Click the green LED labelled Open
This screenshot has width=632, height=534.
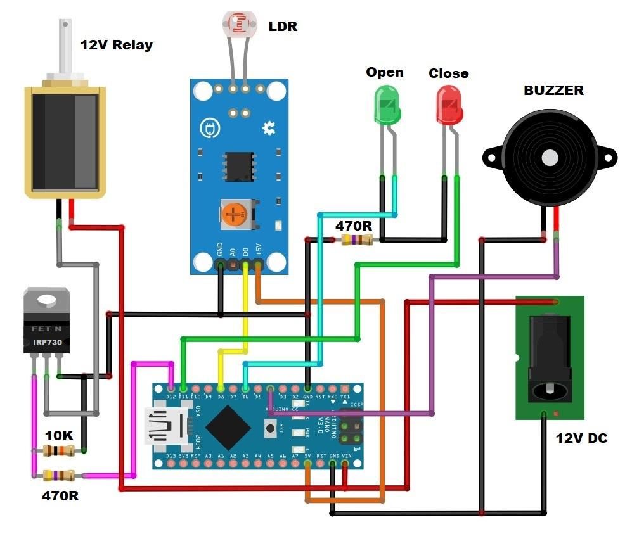pyautogui.click(x=387, y=106)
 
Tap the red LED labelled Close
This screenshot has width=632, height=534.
pyautogui.click(x=449, y=106)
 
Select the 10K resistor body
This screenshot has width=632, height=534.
pyautogui.click(x=58, y=451)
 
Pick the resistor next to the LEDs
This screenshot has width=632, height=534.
pyautogui.click(x=356, y=239)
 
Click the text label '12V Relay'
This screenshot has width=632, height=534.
pyautogui.click(x=116, y=45)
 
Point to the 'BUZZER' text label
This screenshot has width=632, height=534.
pyautogui.click(x=553, y=90)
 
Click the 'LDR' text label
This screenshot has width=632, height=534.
pyautogui.click(x=283, y=26)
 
